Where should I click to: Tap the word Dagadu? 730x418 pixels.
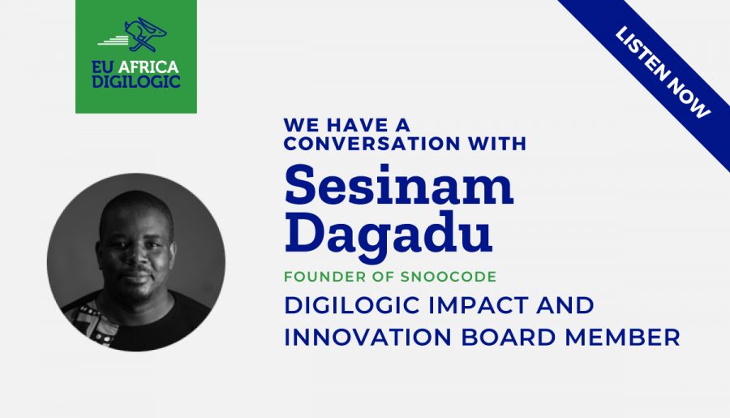pyautogui.click(x=389, y=233)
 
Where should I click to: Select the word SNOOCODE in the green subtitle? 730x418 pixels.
pyautogui.click(x=449, y=276)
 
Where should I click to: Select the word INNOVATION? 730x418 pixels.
pyautogui.click(x=367, y=337)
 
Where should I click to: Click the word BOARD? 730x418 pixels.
pyautogui.click(x=508, y=337)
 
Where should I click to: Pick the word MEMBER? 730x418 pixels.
pyautogui.click(x=622, y=337)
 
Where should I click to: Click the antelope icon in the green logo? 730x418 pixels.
pyautogui.click(x=145, y=34)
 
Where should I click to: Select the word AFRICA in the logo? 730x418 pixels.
pyautogui.click(x=148, y=67)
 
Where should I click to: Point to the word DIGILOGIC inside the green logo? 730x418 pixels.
pyautogui.click(x=136, y=81)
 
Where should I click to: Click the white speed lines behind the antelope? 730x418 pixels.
pyautogui.click(x=113, y=41)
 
